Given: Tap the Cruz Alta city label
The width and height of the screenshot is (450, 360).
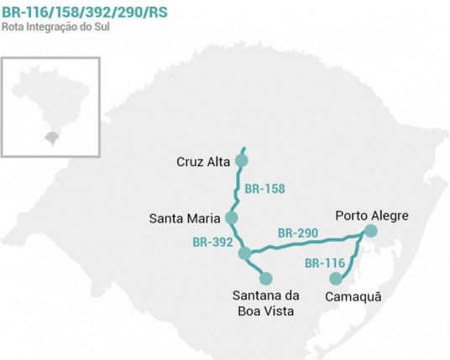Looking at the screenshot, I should [203, 161].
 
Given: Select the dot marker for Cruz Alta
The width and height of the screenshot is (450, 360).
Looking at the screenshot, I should [243, 160].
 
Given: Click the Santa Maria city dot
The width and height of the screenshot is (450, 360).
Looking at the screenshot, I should [232, 218].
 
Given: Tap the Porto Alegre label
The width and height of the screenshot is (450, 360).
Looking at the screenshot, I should [372, 216].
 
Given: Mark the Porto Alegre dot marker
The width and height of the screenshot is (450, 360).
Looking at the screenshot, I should [371, 231].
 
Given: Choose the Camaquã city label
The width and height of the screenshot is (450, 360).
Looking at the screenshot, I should [352, 295].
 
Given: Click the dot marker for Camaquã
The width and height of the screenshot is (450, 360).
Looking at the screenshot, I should [336, 279].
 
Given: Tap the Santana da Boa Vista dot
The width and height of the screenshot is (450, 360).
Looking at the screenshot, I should [267, 278].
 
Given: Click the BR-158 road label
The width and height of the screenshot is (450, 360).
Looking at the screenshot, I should [264, 189].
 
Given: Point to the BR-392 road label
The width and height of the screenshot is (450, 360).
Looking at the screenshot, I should [213, 243].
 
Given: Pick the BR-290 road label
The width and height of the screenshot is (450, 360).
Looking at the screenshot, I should [297, 232].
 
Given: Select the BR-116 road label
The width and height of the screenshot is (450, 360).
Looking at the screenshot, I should [325, 263].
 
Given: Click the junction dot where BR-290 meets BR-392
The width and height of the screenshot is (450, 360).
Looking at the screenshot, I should [244, 253].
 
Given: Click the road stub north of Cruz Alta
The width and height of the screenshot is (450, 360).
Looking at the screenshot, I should [244, 149].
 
